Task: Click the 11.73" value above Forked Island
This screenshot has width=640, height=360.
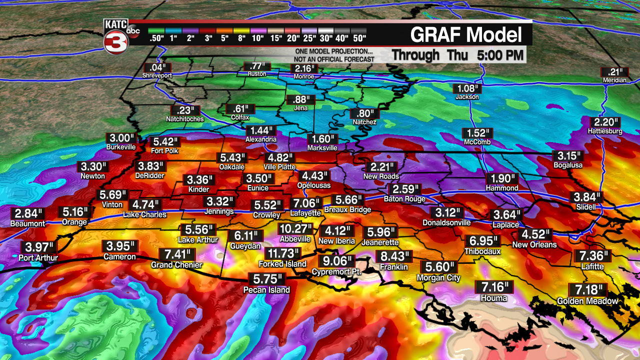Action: pyautogui.click(x=282, y=253)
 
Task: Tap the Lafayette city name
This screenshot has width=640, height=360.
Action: pyautogui.click(x=305, y=213)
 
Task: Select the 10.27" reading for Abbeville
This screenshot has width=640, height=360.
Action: pyautogui.click(x=295, y=229)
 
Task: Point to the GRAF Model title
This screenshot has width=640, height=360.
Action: pyautogui.click(x=466, y=35)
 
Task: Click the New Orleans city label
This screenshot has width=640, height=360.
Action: pyautogui.click(x=534, y=245)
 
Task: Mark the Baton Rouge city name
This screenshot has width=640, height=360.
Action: pyautogui.click(x=404, y=199)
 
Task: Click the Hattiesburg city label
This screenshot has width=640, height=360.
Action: pyautogui.click(x=605, y=131)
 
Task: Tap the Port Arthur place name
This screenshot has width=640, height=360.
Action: pyautogui.click(x=38, y=258)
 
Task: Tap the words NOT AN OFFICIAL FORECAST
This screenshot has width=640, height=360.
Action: pyautogui.click(x=333, y=59)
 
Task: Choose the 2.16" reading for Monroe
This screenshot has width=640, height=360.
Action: pyautogui.click(x=304, y=68)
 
